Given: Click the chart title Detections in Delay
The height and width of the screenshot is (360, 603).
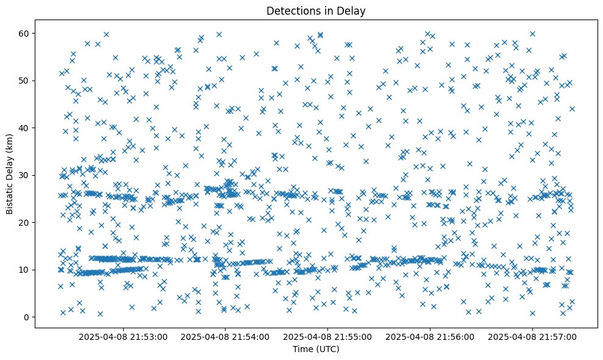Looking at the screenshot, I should (x=316, y=10).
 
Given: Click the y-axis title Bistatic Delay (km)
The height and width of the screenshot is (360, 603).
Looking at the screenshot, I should (x=10, y=174).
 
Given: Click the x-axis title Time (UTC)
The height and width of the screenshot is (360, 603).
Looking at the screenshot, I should (x=316, y=350).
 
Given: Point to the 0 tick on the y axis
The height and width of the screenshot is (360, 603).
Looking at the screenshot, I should (x=27, y=317).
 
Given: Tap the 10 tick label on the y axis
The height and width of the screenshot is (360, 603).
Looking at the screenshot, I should (x=25, y=270).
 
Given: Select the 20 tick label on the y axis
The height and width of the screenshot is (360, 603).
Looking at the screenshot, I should (x=25, y=223).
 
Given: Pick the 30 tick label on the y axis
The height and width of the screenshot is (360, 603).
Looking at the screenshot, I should (x=25, y=175).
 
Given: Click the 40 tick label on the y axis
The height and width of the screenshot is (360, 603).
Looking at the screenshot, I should (x=25, y=128).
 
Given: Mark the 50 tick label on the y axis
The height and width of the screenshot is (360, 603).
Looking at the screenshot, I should (x=25, y=81).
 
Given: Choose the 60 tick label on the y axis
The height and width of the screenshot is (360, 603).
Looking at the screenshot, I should (x=25, y=33).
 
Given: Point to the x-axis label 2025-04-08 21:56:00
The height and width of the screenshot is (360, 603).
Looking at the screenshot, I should (x=430, y=336).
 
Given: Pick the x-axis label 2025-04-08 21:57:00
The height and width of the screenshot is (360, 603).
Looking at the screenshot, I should (x=532, y=336).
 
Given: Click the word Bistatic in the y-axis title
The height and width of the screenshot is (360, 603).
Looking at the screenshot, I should (x=10, y=197).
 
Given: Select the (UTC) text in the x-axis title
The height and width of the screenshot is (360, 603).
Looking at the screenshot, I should (x=327, y=350).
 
